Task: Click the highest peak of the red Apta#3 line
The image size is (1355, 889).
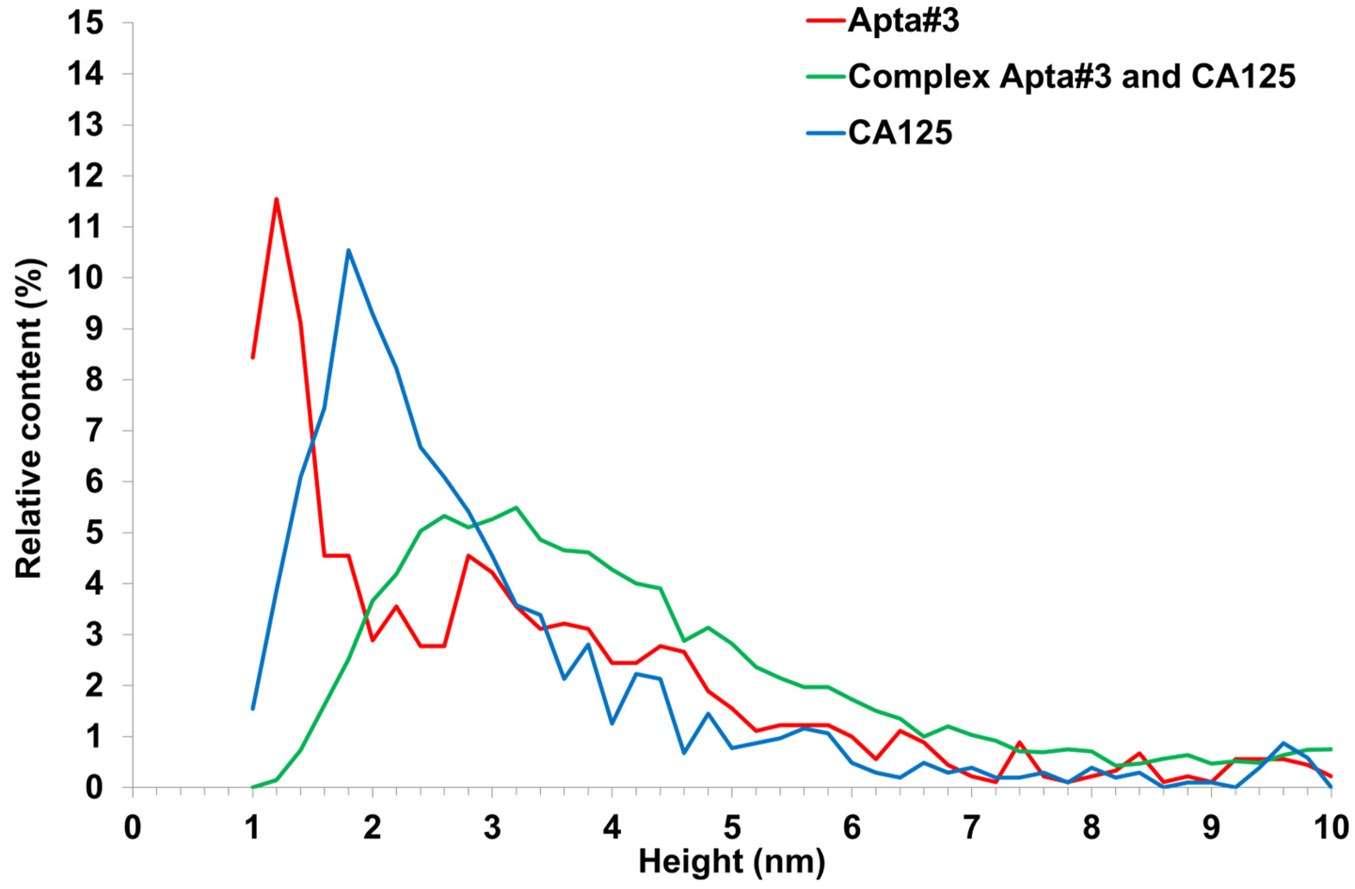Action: point(277,199)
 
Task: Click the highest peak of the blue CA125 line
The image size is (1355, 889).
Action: point(349,250)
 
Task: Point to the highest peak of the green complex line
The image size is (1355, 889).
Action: point(516,507)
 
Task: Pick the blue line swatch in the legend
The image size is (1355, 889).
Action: point(826,135)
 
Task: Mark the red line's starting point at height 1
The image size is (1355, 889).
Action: point(253,357)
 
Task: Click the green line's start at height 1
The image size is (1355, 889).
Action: point(253,787)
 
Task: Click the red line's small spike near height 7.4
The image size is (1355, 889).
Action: point(1019,742)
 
